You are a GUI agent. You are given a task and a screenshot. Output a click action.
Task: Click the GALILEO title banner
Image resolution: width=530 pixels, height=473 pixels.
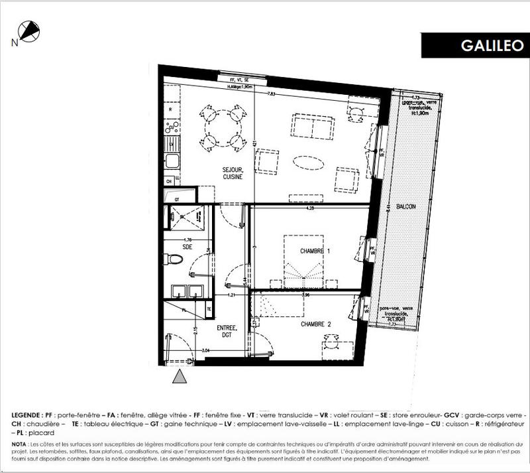(x=474, y=46)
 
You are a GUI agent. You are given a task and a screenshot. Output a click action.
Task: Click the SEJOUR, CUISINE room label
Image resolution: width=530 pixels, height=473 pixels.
(x=232, y=173)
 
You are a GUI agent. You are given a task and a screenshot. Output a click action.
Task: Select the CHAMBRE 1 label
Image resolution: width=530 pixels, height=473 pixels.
(x=315, y=251)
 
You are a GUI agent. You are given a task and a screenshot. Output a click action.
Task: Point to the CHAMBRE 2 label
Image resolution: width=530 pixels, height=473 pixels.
(x=315, y=324)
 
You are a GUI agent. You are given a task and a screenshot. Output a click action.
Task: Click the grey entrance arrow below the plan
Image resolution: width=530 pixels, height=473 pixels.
(x=179, y=377)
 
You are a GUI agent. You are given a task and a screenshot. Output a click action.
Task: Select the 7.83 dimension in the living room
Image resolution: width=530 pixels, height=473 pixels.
(x=271, y=94)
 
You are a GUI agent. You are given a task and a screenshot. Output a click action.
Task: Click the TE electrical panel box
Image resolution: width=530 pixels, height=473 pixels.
(x=209, y=309)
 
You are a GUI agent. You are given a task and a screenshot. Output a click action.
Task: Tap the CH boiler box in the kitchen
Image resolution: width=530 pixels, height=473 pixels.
(x=170, y=180)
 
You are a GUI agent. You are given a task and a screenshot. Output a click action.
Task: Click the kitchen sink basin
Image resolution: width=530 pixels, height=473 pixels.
(x=170, y=161)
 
